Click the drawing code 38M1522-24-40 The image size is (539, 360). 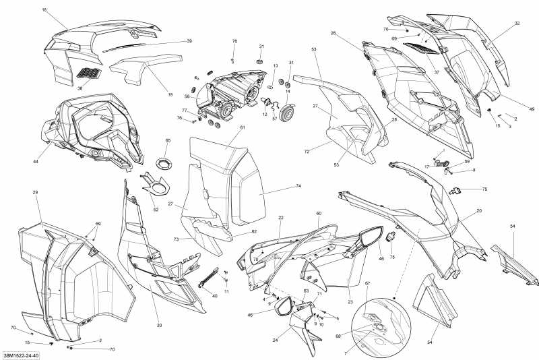20,355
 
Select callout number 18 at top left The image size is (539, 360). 44,10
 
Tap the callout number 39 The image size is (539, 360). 189,41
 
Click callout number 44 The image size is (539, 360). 35,162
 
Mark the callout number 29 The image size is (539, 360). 35,193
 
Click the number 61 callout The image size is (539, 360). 243,127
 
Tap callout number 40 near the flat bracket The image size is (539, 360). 215,296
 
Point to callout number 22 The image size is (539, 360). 281,218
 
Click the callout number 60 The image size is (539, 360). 319,213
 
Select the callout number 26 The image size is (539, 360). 333,33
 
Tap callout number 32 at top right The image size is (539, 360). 517,24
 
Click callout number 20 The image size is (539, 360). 479,211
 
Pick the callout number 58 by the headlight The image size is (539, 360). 187,96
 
